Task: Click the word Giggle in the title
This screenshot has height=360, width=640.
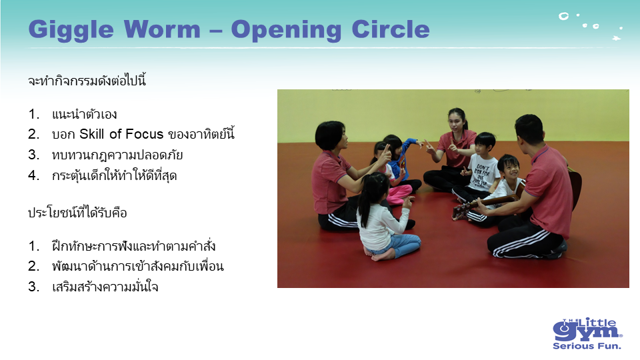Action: [x=71, y=30]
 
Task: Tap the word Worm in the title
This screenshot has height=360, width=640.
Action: [x=162, y=29]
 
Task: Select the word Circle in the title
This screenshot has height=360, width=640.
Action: [x=391, y=29]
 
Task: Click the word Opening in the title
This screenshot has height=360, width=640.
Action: [x=286, y=30]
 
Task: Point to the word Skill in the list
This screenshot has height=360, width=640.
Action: [x=92, y=134]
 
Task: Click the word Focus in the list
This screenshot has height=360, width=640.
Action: [x=144, y=134]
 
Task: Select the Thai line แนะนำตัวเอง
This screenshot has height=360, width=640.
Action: [x=85, y=114]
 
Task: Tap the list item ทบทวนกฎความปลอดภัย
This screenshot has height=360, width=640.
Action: [x=117, y=155]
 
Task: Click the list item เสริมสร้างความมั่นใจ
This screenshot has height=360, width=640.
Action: [x=105, y=287]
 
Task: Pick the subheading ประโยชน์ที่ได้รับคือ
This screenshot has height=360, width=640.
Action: [x=77, y=213]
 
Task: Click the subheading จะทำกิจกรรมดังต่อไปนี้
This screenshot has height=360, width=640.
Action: [x=87, y=81]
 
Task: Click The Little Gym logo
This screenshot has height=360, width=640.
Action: [x=587, y=329]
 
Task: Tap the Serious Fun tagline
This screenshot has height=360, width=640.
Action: [x=587, y=346]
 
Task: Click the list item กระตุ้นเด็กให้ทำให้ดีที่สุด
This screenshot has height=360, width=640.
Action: [x=114, y=175]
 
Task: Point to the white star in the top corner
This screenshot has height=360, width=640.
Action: [x=616, y=38]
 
